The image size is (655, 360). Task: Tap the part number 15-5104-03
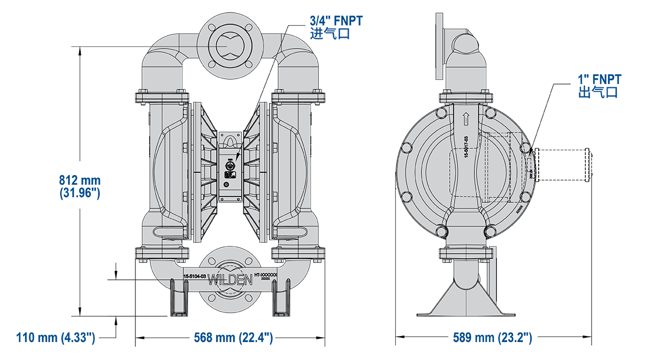click(x=195, y=277)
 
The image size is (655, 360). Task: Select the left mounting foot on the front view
click(x=178, y=299)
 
